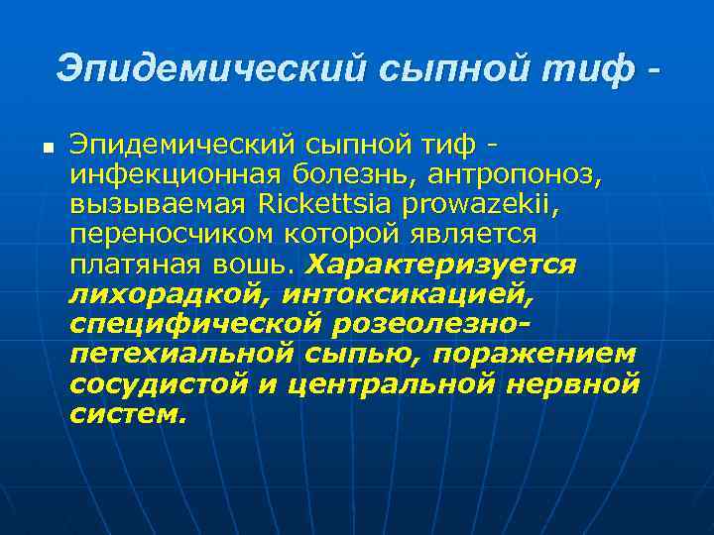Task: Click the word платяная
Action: point(133,266)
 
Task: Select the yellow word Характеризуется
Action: point(441,266)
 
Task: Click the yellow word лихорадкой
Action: point(170,295)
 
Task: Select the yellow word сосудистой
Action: point(160,384)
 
